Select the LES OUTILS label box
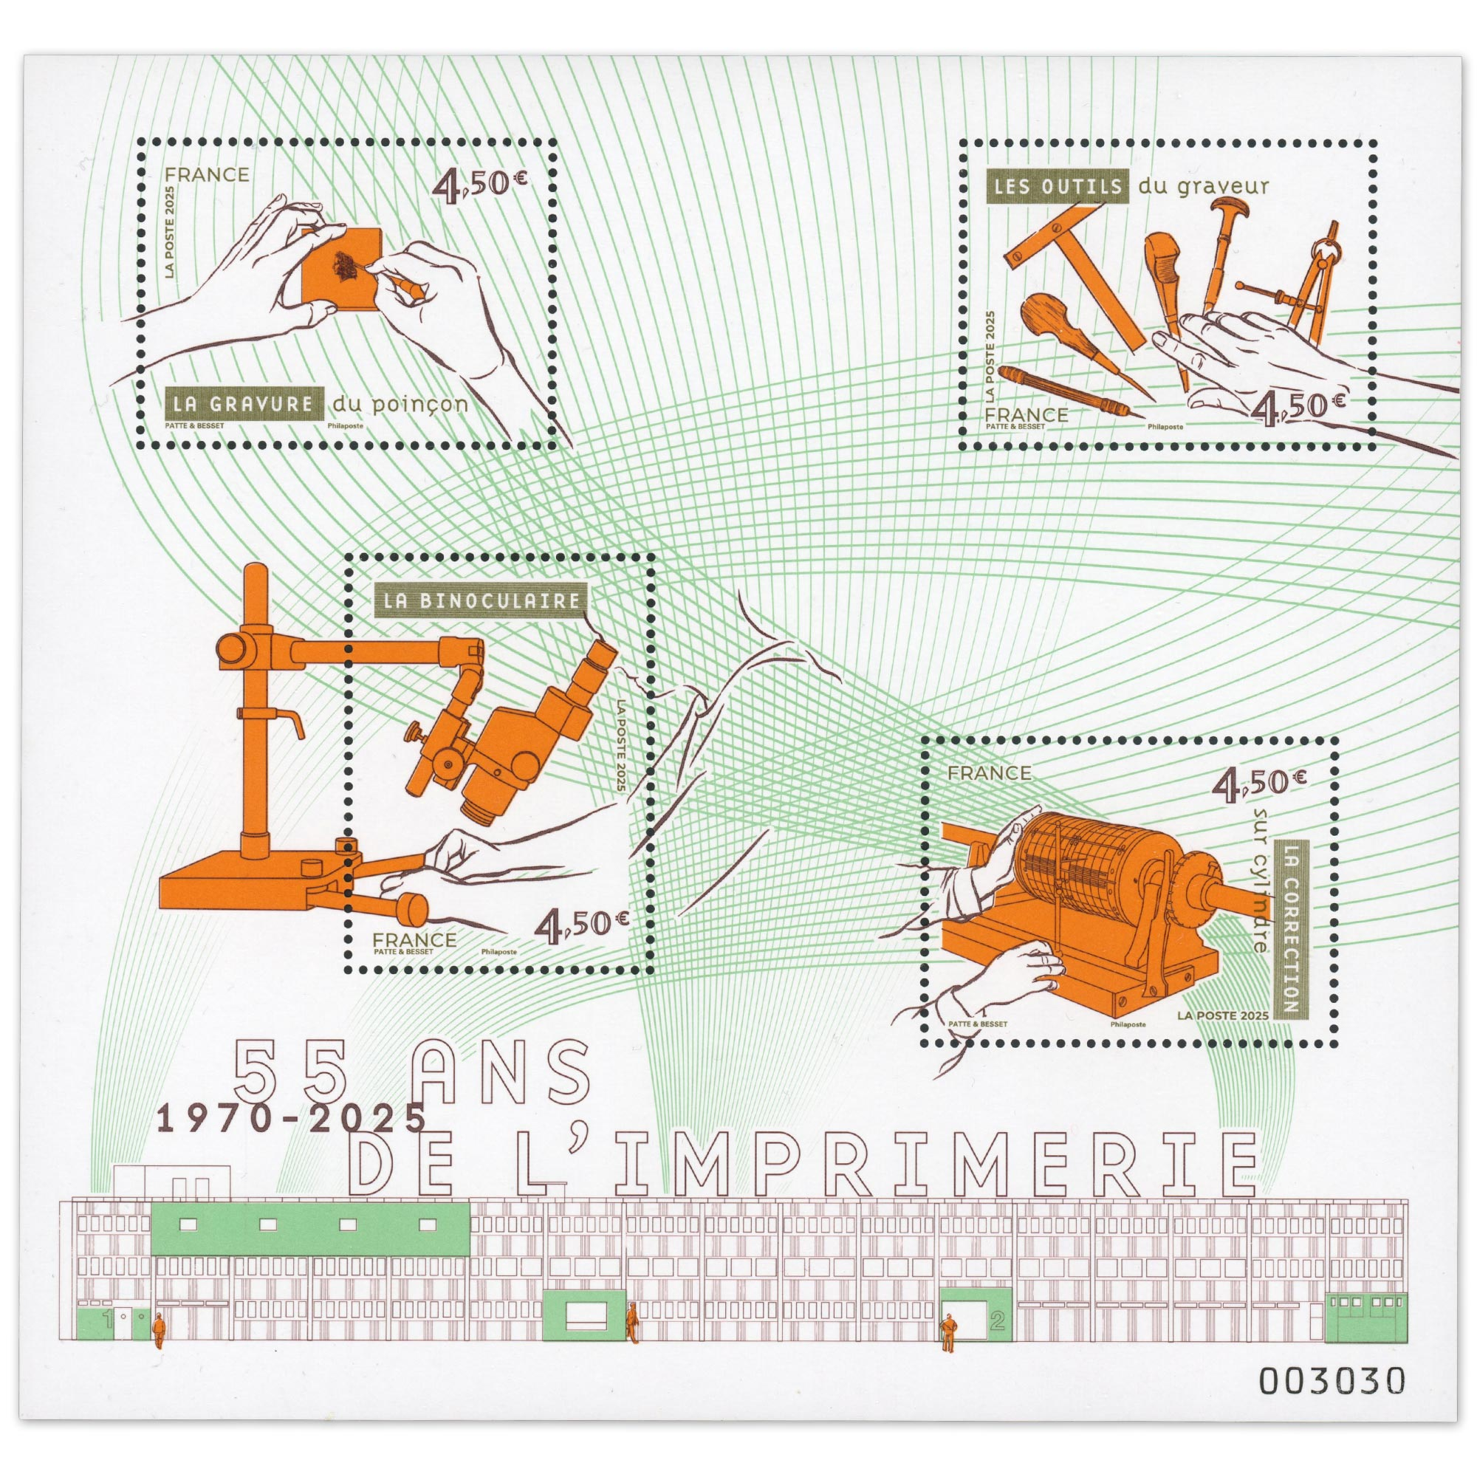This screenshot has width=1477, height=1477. pyautogui.click(x=1058, y=186)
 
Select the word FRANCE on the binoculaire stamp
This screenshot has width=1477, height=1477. pyautogui.click(x=414, y=939)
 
